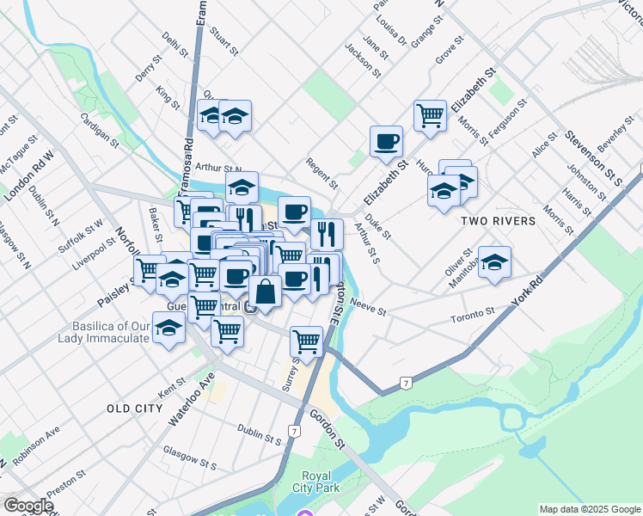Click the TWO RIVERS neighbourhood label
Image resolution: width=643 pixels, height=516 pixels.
point(498,221)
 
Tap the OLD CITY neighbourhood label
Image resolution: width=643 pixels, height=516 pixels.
point(134,408)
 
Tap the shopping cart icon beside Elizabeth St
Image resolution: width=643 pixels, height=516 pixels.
point(430,114)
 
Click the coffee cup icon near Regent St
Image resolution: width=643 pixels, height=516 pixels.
point(386,140)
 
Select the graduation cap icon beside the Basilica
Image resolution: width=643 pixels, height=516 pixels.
point(168,328)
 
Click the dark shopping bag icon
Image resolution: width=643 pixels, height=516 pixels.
point(266,292)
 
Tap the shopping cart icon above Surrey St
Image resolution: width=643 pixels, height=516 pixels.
point(306,341)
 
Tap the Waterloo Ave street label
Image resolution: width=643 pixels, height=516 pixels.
point(191,398)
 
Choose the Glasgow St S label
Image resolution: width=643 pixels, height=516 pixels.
point(189,458)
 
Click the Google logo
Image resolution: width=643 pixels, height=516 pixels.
point(29,506)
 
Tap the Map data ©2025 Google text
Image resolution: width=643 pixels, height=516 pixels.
point(590,509)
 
